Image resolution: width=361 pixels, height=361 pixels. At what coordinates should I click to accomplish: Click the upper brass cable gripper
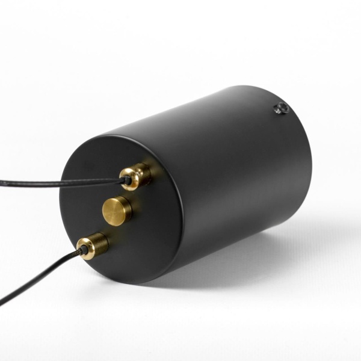pyautogui.click(x=136, y=176)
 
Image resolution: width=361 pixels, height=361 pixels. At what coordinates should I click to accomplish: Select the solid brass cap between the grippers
pyautogui.click(x=117, y=211)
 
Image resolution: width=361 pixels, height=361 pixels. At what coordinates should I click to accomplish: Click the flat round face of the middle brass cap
pyautogui.click(x=114, y=212)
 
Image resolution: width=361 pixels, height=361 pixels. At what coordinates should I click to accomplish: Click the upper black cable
pyautogui.click(x=60, y=182)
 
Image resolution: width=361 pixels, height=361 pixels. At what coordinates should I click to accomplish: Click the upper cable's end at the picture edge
pyautogui.click(x=1, y=182)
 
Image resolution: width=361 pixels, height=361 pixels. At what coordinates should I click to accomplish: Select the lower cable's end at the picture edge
pyautogui.click(x=1, y=301)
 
